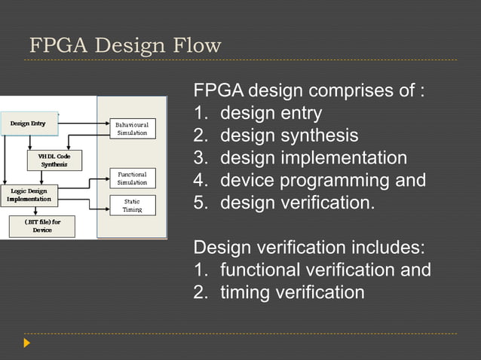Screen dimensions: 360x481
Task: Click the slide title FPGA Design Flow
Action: [x=125, y=46]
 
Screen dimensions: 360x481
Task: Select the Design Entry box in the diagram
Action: [x=28, y=123]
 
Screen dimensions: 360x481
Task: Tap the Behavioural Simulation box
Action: [x=132, y=127]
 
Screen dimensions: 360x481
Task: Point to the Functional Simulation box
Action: [x=132, y=178]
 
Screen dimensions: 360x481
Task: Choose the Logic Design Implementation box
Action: [x=29, y=195]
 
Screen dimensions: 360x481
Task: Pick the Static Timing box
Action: [x=132, y=206]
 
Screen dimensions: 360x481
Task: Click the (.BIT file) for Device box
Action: [x=42, y=226]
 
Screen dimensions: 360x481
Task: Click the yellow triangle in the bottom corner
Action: [x=27, y=343]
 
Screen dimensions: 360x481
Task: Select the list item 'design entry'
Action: [x=271, y=114]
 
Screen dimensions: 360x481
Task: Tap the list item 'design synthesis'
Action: [x=289, y=136]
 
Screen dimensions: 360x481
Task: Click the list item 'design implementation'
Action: [x=313, y=158]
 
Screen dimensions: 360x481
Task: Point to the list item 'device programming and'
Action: [x=323, y=181]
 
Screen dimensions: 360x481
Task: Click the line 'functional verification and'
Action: [x=325, y=270]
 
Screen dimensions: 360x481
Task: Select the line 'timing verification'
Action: [x=292, y=291]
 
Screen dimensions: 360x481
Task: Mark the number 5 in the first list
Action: [x=200, y=203]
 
